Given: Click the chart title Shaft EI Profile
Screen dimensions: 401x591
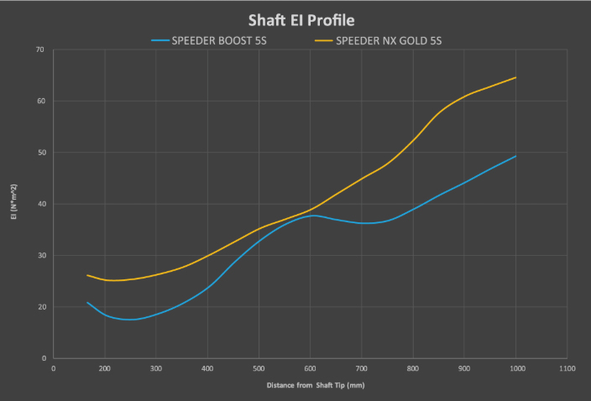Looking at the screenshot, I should click(x=295, y=19).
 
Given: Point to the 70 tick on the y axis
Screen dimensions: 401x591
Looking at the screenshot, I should click(x=39, y=49).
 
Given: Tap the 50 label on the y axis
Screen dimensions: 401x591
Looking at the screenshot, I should click(x=39, y=153).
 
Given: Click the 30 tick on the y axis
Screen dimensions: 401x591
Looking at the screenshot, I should click(x=39, y=256).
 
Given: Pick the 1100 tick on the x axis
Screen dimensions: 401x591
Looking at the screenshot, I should click(x=567, y=368).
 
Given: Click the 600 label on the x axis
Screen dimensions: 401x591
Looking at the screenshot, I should click(x=311, y=368).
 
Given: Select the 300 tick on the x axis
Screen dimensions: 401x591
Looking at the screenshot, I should click(x=156, y=368).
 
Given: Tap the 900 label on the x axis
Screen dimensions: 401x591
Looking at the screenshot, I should click(x=465, y=368).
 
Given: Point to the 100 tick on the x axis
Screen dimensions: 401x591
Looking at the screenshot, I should click(x=105, y=368).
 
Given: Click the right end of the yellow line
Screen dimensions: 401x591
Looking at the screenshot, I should click(x=515, y=77).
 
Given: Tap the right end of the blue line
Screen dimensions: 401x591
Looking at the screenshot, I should click(x=515, y=156).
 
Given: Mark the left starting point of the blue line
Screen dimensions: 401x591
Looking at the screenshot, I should click(x=87, y=303).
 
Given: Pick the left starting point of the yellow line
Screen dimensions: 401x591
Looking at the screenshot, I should click(x=87, y=275).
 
